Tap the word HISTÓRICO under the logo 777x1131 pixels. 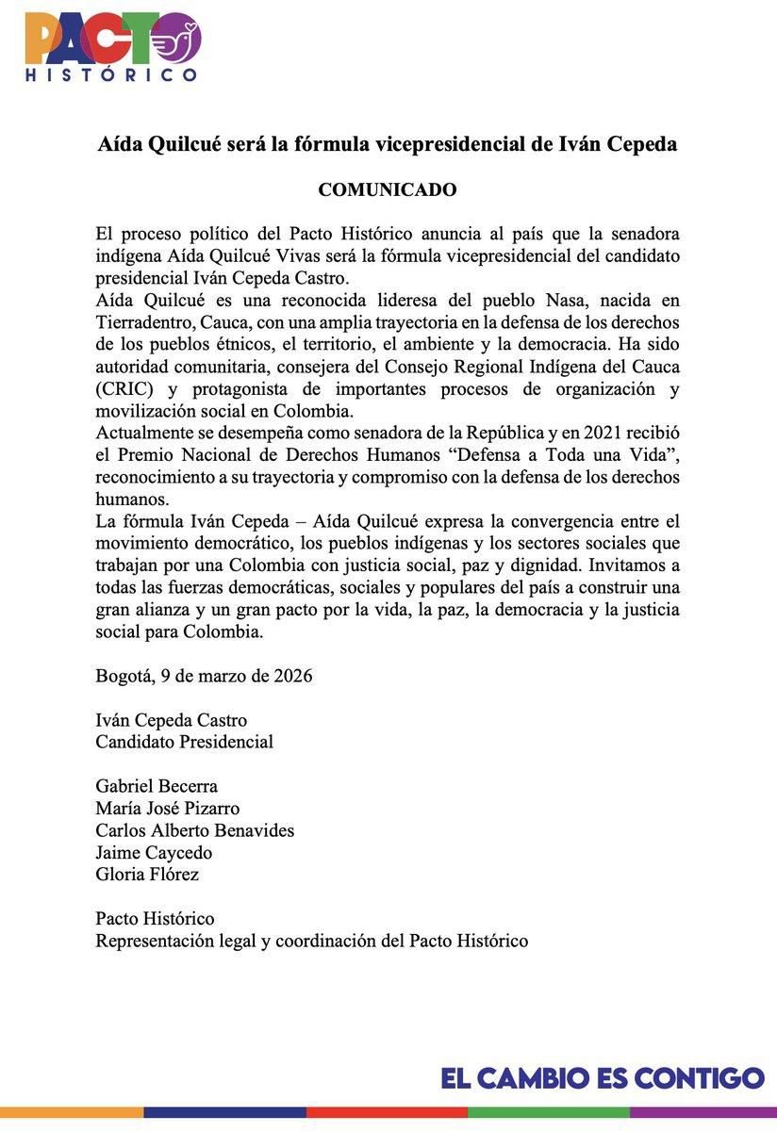(111, 74)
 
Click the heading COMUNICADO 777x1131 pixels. (388, 189)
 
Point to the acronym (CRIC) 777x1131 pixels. (124, 389)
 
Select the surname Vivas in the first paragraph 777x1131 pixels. (321, 256)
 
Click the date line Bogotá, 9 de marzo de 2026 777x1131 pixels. (204, 676)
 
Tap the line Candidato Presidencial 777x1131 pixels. (184, 742)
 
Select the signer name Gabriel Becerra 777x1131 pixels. (157, 786)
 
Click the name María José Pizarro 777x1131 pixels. (168, 809)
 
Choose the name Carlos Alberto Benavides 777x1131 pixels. (195, 830)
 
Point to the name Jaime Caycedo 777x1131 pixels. (154, 853)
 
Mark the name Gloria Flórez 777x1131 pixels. (147, 875)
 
